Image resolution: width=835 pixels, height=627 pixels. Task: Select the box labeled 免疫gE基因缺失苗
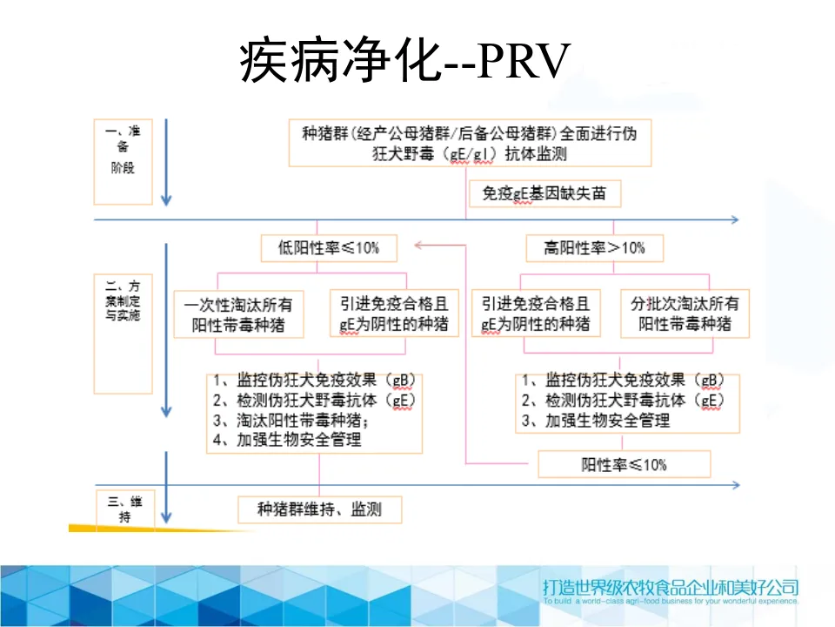544,194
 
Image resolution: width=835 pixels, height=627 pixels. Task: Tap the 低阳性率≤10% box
329,248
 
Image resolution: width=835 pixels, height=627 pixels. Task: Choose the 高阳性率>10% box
595,248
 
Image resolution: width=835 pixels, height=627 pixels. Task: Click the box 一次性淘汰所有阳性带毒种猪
238,314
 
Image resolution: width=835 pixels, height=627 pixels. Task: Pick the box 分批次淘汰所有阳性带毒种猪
685,314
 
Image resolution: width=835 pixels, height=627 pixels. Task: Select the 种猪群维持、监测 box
319,509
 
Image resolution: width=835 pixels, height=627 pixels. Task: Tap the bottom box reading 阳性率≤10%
624,464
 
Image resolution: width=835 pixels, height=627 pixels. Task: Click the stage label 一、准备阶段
123,149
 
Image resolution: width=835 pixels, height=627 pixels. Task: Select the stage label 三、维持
123,509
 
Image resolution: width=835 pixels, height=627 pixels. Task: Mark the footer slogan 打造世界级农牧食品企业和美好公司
669,586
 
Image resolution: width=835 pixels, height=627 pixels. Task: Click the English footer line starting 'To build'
669,601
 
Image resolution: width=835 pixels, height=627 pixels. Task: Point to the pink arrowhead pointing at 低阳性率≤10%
419,246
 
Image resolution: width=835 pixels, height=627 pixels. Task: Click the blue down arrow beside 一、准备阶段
166,165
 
